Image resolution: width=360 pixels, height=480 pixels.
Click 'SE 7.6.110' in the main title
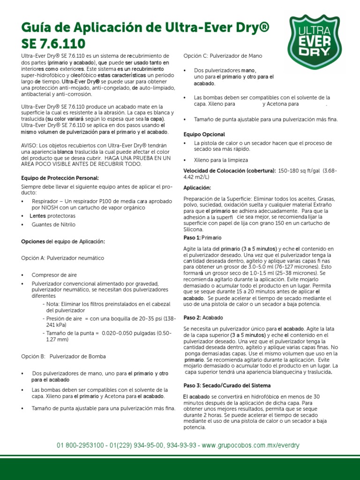tap(53, 44)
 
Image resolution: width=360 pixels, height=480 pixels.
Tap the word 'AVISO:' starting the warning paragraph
tap(31, 145)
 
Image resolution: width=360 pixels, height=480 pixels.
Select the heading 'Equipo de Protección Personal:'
tap(60, 178)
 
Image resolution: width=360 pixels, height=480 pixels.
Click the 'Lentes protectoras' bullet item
tap(52, 216)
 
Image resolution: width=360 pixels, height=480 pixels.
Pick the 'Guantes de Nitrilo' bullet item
tap(53, 225)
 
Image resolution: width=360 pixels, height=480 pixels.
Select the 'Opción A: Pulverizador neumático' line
tap(62, 258)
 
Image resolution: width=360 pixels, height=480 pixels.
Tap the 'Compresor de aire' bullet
tap(54, 275)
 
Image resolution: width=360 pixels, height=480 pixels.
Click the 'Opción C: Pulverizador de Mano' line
tap(223, 56)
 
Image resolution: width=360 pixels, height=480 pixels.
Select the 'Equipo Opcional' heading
tap(204, 134)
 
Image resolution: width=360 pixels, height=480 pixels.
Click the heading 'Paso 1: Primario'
tap(202, 238)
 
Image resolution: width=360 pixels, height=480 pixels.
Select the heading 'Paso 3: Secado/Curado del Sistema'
tap(227, 385)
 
